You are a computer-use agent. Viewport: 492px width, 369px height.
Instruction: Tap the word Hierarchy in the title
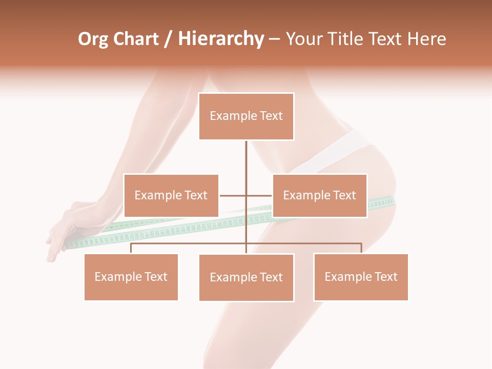(x=221, y=39)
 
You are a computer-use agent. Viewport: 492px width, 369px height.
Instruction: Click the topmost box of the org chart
(x=246, y=116)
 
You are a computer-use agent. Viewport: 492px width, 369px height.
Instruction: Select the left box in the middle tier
(x=171, y=195)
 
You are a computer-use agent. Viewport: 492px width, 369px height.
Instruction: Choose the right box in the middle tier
(x=319, y=195)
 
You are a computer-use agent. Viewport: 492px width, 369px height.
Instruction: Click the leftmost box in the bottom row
(x=131, y=277)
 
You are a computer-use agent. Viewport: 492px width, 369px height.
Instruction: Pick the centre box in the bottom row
(x=246, y=277)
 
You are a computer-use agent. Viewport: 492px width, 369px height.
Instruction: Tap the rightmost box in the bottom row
(x=361, y=277)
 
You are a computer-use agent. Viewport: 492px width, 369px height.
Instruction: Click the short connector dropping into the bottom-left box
(x=131, y=248)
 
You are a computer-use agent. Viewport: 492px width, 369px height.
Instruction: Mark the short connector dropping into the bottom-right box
(x=361, y=248)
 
